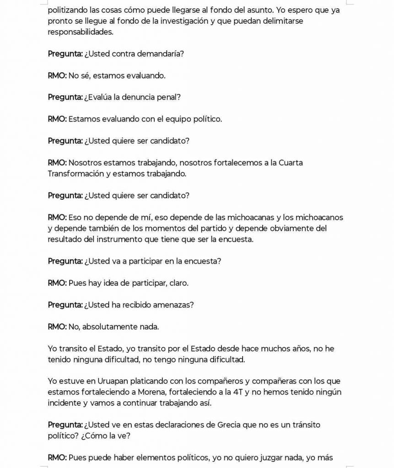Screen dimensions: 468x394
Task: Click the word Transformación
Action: click(x=76, y=174)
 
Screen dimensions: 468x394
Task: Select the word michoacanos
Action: click(x=319, y=217)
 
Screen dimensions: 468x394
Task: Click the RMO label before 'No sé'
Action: click(x=57, y=76)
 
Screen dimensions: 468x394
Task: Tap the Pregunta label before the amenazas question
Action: click(x=65, y=305)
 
